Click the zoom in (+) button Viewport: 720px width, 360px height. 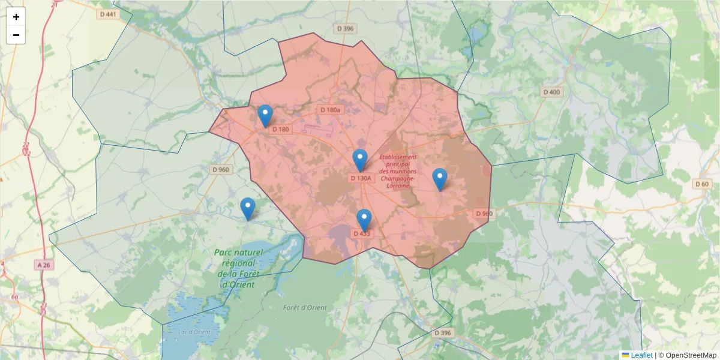(16, 17)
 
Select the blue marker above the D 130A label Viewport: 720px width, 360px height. (359, 160)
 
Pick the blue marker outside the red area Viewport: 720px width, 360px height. (247, 208)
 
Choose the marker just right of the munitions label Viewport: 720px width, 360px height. (440, 179)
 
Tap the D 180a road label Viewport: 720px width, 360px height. (330, 110)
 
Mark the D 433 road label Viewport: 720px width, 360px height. (361, 233)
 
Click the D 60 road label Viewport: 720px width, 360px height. (701, 184)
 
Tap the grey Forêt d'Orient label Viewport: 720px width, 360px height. (305, 308)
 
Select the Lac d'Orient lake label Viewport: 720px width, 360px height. (194, 332)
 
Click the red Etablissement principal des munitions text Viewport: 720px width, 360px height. (398, 172)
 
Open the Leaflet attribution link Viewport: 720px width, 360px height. (641, 355)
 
